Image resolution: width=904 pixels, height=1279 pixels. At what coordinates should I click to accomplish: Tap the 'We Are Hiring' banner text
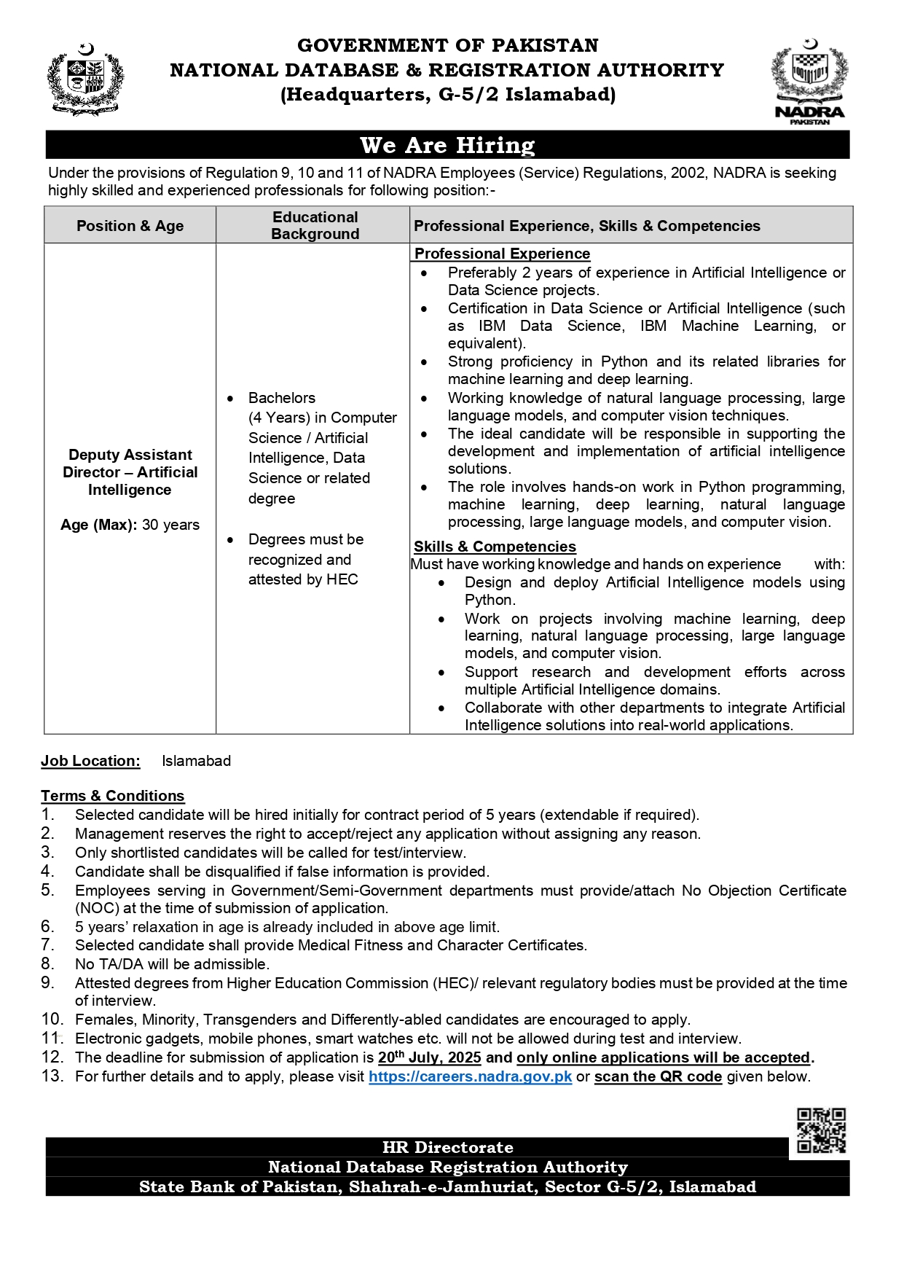(447, 145)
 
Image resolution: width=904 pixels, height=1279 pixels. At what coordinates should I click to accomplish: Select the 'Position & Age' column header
(130, 226)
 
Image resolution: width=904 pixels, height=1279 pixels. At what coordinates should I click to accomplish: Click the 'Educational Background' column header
(315, 225)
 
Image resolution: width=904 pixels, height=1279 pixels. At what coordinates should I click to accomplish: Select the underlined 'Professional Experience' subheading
(502, 254)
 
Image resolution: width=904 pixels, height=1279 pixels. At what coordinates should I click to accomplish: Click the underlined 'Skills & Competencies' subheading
(495, 547)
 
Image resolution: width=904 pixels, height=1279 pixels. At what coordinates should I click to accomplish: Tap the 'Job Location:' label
(90, 761)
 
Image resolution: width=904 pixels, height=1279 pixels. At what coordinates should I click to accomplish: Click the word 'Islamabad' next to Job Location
(196, 761)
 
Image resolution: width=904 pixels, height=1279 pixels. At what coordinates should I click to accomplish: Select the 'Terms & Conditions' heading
(113, 796)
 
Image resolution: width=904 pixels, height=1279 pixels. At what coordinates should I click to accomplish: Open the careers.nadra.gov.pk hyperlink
(470, 1076)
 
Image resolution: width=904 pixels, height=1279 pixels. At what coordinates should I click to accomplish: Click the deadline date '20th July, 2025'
(429, 1057)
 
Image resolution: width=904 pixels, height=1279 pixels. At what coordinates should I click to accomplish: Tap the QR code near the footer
(821, 1130)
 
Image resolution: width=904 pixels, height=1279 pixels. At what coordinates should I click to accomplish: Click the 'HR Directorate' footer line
(447, 1147)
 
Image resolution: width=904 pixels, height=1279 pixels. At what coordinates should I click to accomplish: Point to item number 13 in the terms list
(52, 1076)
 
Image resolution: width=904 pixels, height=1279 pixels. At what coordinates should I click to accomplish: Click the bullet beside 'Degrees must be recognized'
(230, 540)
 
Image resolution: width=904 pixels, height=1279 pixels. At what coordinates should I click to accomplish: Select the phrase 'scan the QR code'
(658, 1076)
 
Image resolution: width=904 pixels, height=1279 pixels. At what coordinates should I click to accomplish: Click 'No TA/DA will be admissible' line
(172, 964)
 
